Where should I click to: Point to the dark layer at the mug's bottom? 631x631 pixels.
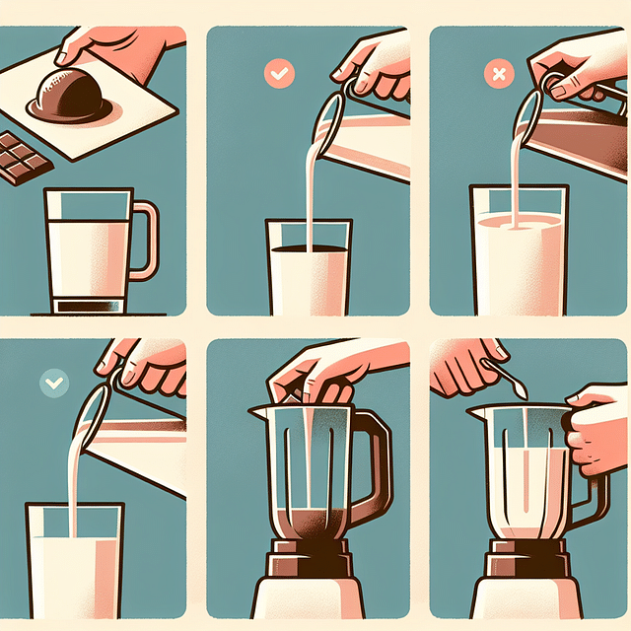(x=88, y=305)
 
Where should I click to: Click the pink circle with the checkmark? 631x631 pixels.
(x=278, y=72)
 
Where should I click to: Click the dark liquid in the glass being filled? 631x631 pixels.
(x=309, y=252)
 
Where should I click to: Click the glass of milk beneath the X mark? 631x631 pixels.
(x=518, y=251)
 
